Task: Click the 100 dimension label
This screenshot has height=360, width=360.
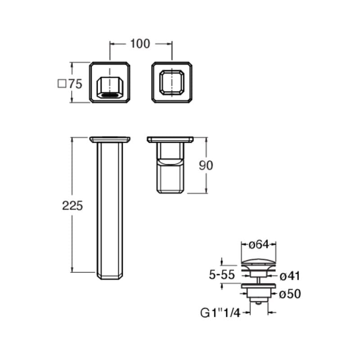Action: [x=140, y=44]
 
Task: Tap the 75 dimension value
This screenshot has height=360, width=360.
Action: [x=75, y=84]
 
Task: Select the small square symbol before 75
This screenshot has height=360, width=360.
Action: [x=62, y=84]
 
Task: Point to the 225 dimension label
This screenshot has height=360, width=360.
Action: [x=72, y=206]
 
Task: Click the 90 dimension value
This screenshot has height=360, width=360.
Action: [x=206, y=165]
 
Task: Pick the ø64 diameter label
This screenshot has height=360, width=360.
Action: [x=258, y=244]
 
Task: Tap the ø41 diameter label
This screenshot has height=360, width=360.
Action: [x=290, y=276]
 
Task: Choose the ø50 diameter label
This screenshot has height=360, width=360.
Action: [x=290, y=294]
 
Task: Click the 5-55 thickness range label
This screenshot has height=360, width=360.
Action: [x=222, y=274]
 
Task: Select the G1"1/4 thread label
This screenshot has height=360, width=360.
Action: [x=220, y=313]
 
